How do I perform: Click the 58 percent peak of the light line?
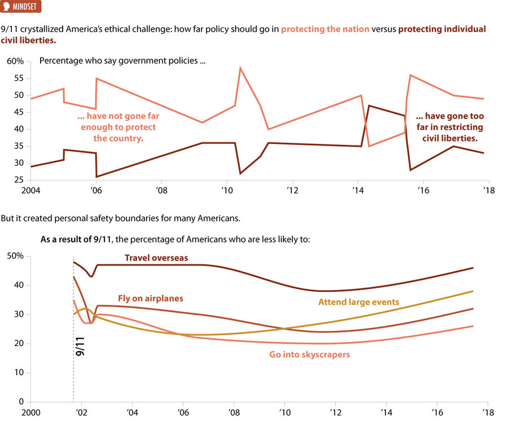[240, 68]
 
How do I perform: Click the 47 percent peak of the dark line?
[369, 106]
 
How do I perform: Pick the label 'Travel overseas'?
[156, 258]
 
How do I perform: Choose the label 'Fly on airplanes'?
[150, 298]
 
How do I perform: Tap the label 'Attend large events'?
[358, 302]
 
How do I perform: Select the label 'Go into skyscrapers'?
[310, 354]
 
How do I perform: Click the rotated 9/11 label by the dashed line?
[80, 345]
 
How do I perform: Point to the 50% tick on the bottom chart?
[16, 256]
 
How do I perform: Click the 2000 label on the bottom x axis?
[32, 413]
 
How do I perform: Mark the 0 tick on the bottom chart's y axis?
[21, 402]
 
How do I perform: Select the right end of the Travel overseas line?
[472, 268]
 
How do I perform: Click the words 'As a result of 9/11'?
[76, 239]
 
